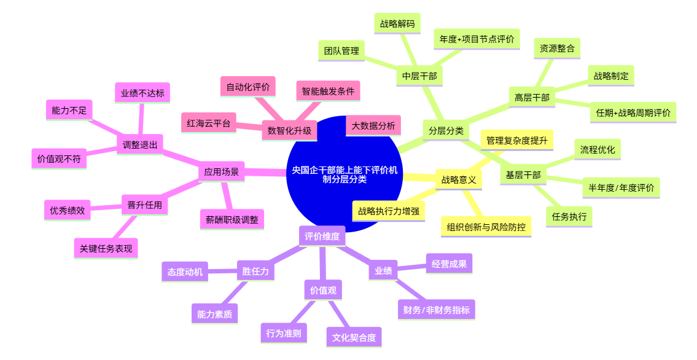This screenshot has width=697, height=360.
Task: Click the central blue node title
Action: [x=345, y=174]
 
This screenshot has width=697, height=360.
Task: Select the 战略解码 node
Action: [x=397, y=23]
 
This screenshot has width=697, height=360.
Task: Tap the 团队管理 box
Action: [x=341, y=51]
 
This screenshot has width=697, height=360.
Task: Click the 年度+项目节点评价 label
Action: [x=477, y=39]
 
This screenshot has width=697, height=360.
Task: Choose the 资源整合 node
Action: [x=557, y=49]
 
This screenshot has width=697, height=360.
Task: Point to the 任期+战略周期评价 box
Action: [x=633, y=113]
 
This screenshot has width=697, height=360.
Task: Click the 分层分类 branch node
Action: [x=446, y=131]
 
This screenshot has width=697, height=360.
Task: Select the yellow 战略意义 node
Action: [x=458, y=179]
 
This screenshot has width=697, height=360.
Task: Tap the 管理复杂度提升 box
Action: [x=517, y=141]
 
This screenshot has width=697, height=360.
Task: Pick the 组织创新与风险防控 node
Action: [x=486, y=227]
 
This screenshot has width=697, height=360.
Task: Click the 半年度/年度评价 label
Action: [x=621, y=188]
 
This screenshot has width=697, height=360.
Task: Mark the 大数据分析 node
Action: [x=373, y=126]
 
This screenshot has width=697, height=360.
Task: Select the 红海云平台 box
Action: [x=208, y=123]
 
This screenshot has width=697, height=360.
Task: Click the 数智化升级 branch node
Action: [x=289, y=131]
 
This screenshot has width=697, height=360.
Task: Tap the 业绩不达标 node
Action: [x=142, y=93]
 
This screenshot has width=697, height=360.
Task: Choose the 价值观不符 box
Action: [x=59, y=158]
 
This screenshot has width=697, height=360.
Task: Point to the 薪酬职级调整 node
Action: [x=232, y=219]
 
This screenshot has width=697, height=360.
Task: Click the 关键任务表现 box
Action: [x=106, y=248]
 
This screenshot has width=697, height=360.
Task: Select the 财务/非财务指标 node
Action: [x=436, y=310]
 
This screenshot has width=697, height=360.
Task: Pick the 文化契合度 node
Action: [x=354, y=337]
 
